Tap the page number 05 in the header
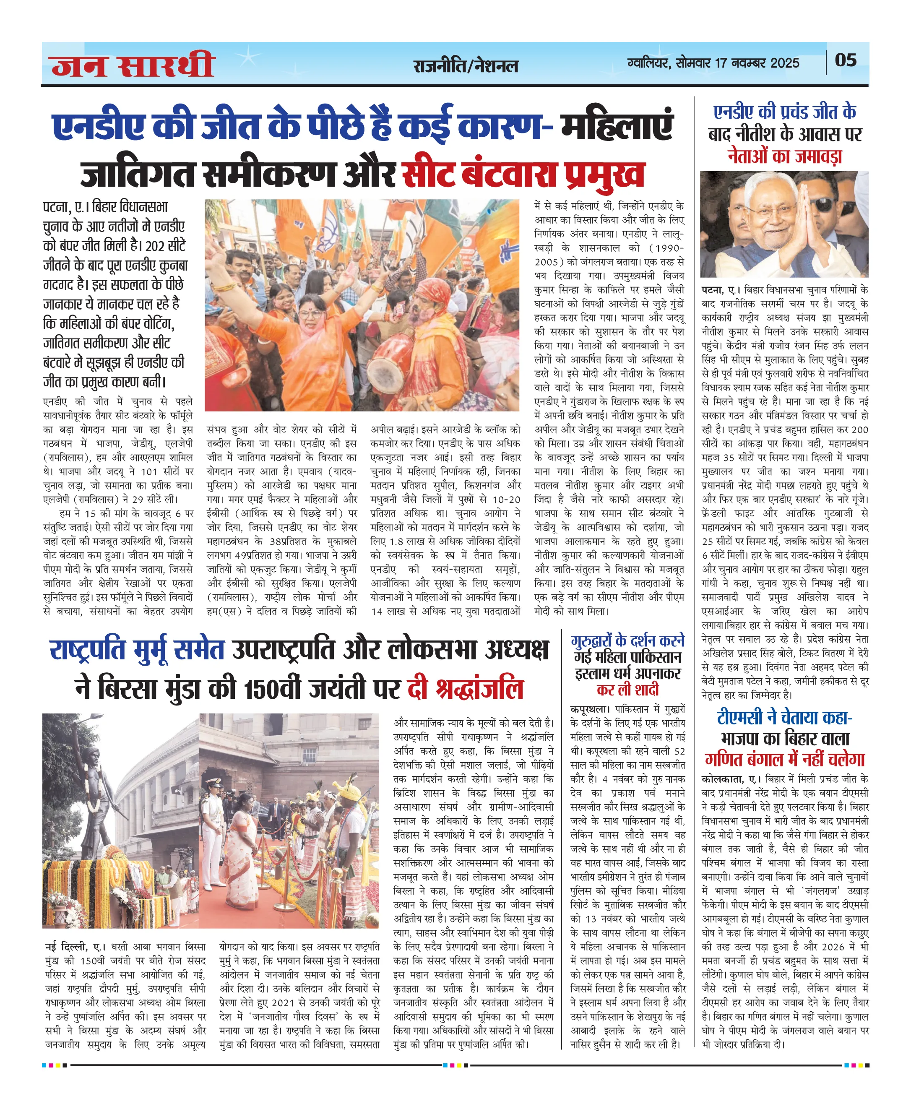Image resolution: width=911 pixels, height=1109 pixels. [x=846, y=60]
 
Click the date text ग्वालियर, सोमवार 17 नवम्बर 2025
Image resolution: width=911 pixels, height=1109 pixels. [x=713, y=63]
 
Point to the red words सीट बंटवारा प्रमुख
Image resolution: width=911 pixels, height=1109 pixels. [x=523, y=175]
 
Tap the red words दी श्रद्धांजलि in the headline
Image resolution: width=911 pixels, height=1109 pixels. [x=465, y=689]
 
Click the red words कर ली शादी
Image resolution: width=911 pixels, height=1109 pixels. [x=627, y=690]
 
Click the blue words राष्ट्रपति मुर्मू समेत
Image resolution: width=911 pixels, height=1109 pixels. [x=138, y=651]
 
